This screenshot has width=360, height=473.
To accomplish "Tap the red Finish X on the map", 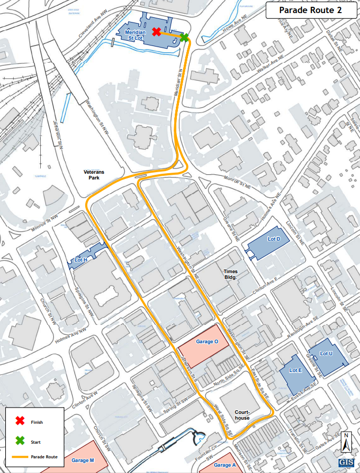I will pos(156,31).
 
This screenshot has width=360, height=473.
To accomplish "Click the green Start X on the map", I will pos(184,37).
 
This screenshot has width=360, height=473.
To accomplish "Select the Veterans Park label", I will pos(94,175).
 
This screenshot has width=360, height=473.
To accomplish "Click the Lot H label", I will pos(81,260).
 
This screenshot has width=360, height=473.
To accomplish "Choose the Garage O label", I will pos(207,342).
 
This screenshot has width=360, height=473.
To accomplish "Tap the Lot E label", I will pos(296,370).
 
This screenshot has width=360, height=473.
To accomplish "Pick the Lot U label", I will pos(326,354).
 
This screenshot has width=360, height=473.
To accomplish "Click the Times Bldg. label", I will pos(231,275).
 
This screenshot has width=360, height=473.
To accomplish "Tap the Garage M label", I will pos(81,460).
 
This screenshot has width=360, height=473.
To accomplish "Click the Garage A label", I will pos(226,465).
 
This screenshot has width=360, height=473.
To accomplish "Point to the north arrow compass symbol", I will pos(345,442).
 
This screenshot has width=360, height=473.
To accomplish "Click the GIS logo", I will pos(346,463).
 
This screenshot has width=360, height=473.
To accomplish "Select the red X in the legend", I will pos(19,421).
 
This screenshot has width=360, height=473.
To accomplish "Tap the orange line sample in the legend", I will pos(19,457).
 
